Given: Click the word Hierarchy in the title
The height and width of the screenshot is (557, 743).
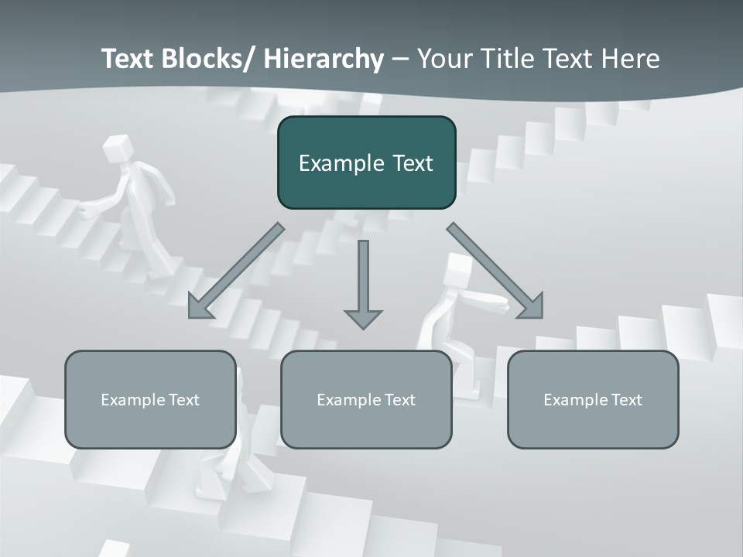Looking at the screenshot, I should click(x=324, y=59).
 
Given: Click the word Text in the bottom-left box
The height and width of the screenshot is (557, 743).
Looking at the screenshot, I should click(x=183, y=400).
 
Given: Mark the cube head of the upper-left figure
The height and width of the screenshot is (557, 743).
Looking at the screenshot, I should click(x=116, y=147).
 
